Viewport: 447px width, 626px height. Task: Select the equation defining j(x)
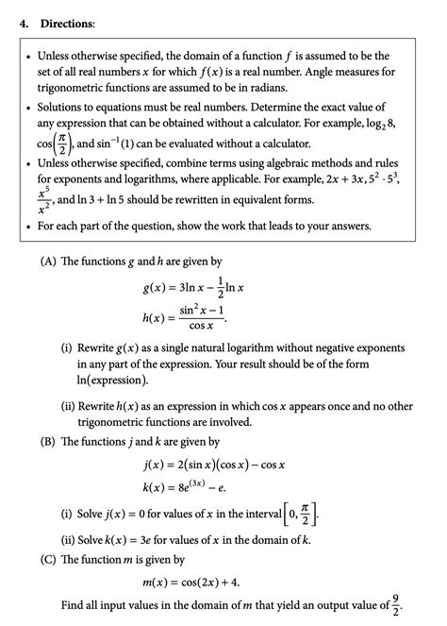[x=211, y=465]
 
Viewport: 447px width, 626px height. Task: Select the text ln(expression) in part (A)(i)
[x=114, y=380]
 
